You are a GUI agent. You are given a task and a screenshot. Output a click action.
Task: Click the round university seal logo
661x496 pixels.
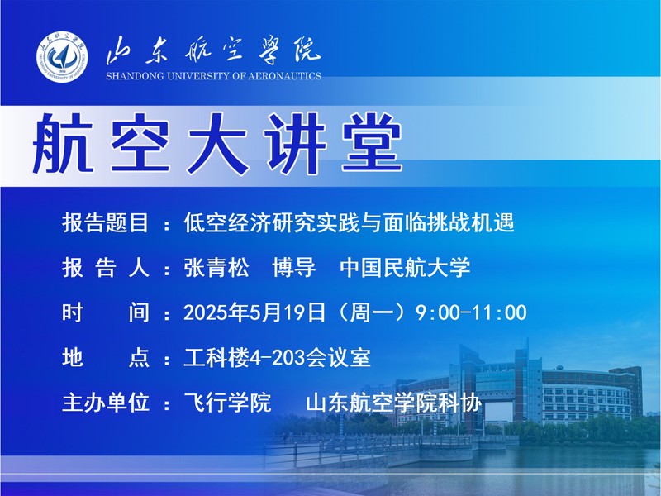(62, 57)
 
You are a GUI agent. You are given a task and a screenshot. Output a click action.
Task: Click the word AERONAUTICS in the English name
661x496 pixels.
(284, 76)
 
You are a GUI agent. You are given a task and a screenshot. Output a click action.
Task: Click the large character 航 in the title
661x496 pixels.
(63, 143)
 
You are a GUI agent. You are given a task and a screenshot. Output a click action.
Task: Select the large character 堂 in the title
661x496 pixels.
(372, 143)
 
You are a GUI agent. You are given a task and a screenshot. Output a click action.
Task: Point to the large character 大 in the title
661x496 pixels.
(217, 143)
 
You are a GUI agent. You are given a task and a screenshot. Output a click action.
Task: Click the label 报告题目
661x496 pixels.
(106, 222)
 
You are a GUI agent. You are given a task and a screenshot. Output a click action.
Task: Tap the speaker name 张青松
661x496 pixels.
(216, 267)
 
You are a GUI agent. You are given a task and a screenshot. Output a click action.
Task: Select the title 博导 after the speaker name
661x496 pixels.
(294, 267)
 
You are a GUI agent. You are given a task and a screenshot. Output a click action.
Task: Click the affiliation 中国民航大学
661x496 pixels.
(405, 267)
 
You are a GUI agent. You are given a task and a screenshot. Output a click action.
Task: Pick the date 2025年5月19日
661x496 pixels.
(254, 313)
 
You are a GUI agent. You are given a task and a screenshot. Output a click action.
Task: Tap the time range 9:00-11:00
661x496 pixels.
(471, 313)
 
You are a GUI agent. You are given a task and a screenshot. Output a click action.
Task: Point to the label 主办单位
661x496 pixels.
(106, 403)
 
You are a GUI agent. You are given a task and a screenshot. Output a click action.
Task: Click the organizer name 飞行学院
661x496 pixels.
(227, 403)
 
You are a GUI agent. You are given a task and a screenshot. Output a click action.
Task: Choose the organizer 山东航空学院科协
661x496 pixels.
(394, 403)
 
